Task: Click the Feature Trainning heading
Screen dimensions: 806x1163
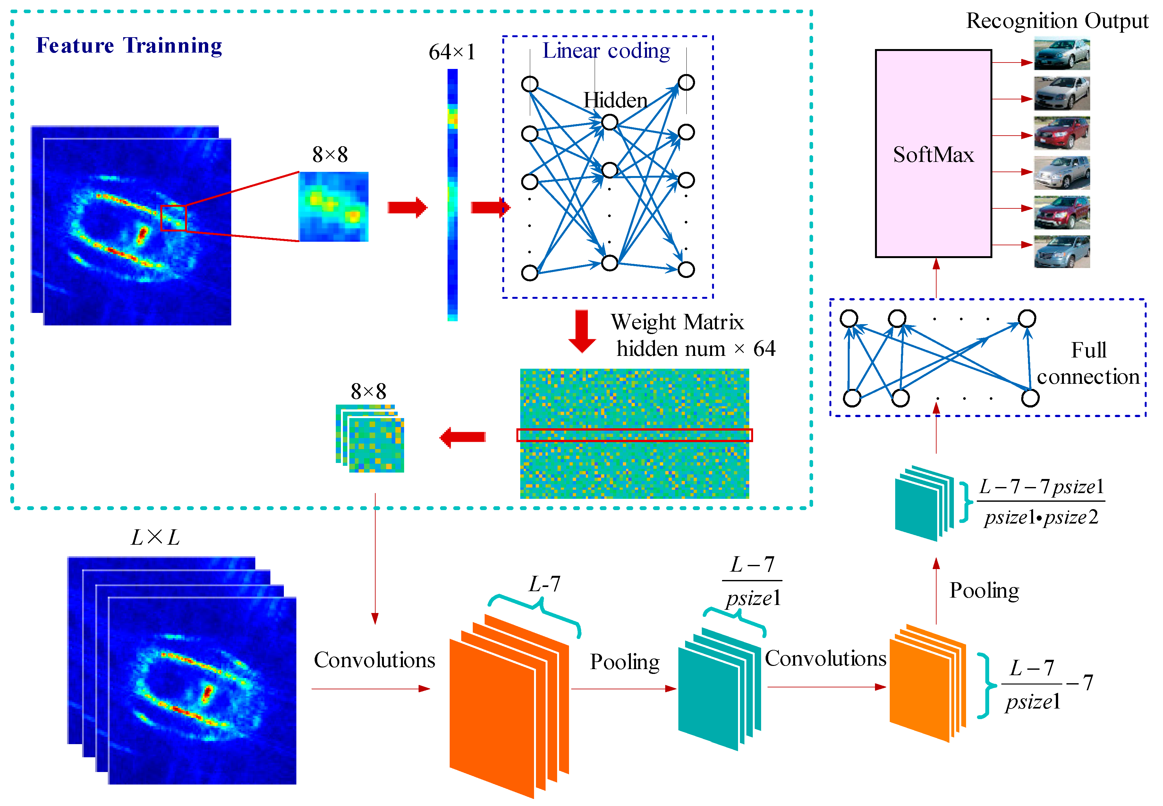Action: pos(129,46)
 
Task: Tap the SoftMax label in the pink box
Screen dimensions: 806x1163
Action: pos(933,155)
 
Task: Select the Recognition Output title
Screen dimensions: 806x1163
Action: pos(1057,21)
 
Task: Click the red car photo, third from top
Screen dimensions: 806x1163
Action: pos(1061,133)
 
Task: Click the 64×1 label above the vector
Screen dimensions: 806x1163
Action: pos(452,52)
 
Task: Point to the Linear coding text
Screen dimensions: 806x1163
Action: pos(606,51)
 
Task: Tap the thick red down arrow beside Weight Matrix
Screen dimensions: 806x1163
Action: pos(582,331)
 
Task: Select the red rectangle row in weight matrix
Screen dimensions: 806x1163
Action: pos(634,435)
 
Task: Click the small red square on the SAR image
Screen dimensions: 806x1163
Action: pos(173,218)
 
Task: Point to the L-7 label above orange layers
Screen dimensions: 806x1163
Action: pos(544,584)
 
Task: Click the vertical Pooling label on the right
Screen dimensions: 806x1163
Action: pos(984,590)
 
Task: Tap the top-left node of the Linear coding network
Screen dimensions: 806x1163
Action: pos(530,84)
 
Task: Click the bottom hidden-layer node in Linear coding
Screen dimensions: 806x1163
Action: pos(609,263)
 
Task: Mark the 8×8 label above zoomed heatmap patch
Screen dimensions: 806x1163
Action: pos(330,155)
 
